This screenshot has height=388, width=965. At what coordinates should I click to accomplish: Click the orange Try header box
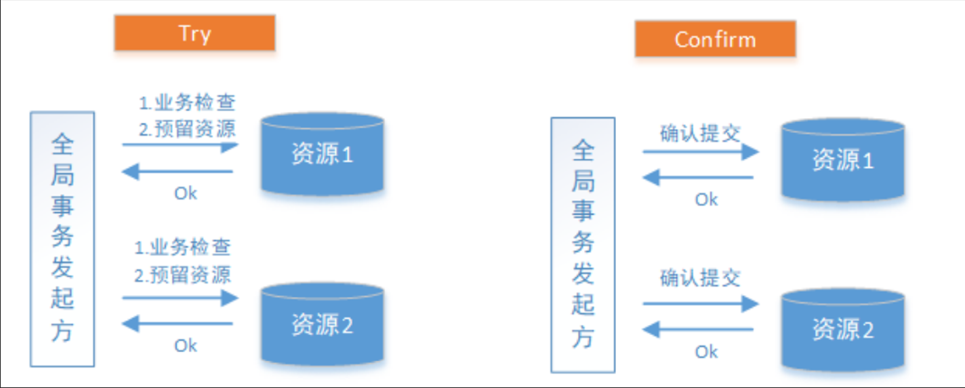point(194,33)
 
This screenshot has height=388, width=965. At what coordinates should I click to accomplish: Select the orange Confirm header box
point(715,39)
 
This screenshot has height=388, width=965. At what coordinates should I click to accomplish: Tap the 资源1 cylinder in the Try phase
point(323,155)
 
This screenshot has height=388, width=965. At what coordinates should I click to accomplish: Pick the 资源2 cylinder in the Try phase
point(323,325)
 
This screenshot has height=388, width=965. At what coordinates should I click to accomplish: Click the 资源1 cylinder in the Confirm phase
point(843,160)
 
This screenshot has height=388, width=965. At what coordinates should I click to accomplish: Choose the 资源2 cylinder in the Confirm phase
point(843,330)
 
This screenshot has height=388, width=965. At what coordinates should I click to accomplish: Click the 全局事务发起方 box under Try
point(62,239)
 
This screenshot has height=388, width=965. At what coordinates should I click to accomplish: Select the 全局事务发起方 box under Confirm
point(583,245)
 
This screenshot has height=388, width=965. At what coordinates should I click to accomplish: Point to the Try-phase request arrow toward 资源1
point(180,144)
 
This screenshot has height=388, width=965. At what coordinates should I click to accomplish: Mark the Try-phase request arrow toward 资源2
point(180,297)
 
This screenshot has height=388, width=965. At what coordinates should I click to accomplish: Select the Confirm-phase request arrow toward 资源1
point(701,151)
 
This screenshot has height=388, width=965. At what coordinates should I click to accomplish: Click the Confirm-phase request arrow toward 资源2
point(701,303)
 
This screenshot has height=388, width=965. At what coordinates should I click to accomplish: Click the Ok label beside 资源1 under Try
point(185,193)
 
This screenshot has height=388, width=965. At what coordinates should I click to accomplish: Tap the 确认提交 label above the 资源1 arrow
point(700,133)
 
